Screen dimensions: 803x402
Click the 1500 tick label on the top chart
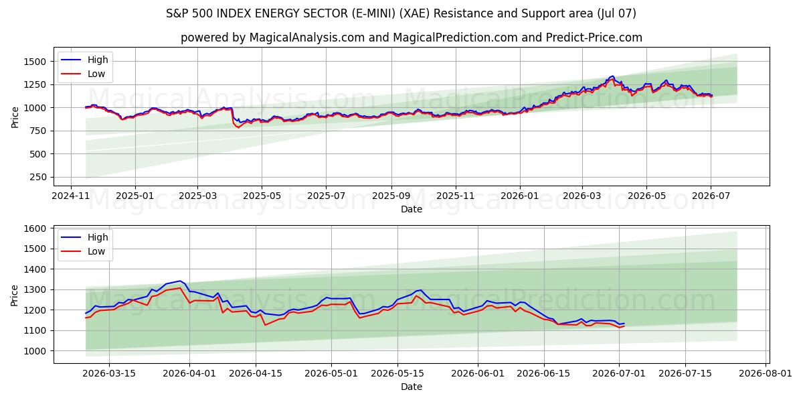[35, 62]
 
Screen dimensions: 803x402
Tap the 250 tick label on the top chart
[37, 178]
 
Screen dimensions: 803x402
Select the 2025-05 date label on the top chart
[262, 196]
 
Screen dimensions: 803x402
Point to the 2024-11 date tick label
[71, 196]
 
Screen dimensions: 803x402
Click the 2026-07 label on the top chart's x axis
[711, 196]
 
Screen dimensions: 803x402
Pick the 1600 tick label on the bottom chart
[35, 228]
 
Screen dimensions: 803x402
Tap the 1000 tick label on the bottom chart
[35, 351]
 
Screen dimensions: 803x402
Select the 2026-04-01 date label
[189, 374]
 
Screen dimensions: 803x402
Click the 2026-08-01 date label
[766, 374]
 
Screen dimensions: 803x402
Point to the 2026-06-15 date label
[543, 374]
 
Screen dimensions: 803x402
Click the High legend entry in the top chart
[84, 60]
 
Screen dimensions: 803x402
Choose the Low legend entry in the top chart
[83, 74]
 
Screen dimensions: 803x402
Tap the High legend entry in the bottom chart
[84, 237]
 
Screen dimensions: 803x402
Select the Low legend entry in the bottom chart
[83, 252]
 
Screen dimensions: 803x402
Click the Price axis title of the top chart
[15, 117]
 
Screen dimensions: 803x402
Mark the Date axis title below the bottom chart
[411, 387]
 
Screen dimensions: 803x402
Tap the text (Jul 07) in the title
[616, 13]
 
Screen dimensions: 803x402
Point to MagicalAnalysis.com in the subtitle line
[307, 38]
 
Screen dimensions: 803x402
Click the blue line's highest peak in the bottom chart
[180, 281]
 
